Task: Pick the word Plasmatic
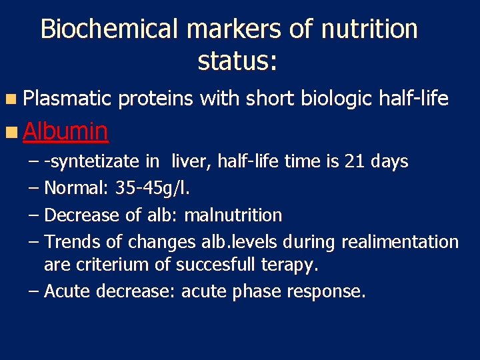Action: [66, 99]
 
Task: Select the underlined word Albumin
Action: [65, 131]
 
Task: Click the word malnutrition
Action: [233, 215]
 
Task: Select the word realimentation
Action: [400, 241]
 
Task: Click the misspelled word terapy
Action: [286, 265]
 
